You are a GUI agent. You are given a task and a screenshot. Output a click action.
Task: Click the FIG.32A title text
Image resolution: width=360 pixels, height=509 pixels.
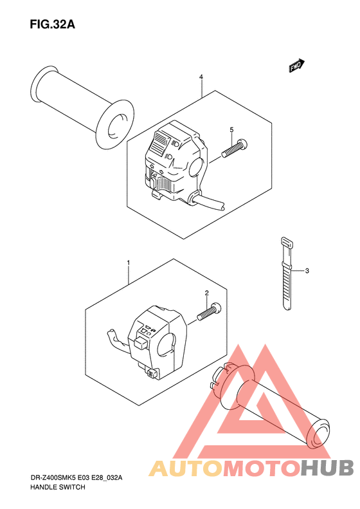tap(52, 24)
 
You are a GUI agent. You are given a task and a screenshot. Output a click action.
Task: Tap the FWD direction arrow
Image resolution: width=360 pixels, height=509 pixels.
tap(296, 66)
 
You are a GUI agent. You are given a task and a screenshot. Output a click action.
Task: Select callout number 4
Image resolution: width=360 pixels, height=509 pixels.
tap(201, 77)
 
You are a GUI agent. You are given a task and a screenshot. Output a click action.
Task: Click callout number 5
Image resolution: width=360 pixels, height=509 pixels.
tap(231, 130)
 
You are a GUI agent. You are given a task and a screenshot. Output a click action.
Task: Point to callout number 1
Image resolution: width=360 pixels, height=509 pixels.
tap(129, 263)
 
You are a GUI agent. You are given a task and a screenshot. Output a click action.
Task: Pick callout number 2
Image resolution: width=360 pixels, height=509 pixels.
tap(206, 293)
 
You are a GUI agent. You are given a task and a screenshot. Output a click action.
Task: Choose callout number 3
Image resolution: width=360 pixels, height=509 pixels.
tap(307, 270)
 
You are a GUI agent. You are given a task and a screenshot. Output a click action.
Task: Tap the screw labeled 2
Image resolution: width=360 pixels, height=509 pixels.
tap(208, 312)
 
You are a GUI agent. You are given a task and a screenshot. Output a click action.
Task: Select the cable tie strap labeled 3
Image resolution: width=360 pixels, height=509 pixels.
tap(287, 273)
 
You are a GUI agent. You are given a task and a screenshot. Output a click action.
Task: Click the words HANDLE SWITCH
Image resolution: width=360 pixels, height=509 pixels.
tap(58, 487)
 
